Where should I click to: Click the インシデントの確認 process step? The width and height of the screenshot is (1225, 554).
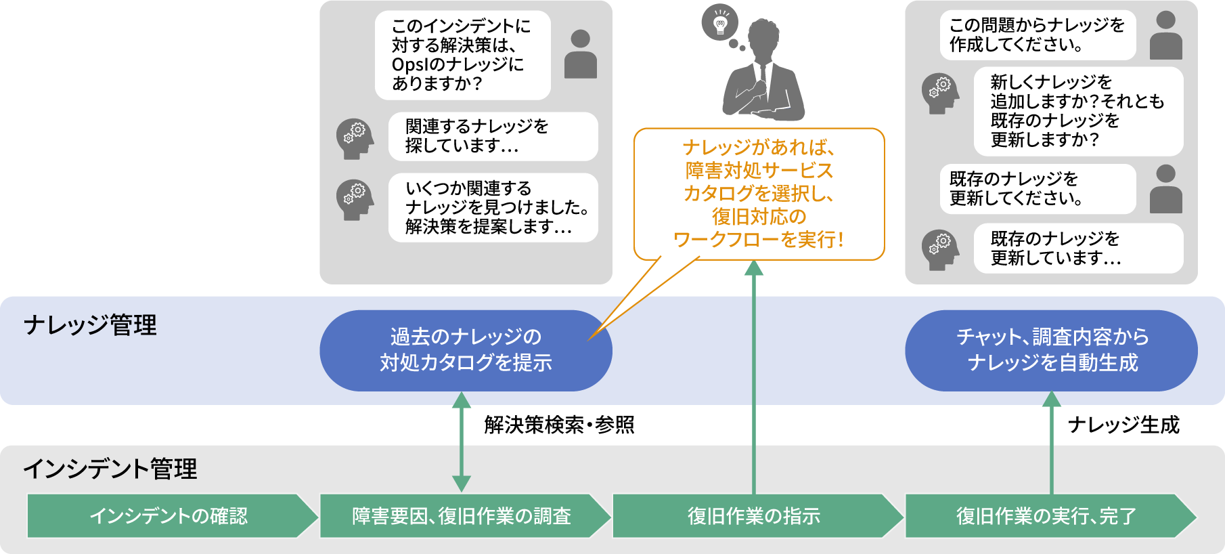pos(169,516)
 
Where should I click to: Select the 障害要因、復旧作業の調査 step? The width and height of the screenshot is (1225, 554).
pos(462,516)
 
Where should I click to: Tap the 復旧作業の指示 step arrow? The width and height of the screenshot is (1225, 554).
pos(755,516)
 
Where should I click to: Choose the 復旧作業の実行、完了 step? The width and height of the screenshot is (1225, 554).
pos(1047,516)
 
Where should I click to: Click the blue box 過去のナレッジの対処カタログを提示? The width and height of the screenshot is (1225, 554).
pos(466,350)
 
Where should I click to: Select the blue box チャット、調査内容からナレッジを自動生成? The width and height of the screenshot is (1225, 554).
pos(1051,350)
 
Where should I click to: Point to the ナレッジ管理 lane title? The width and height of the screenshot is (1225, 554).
pos(90,325)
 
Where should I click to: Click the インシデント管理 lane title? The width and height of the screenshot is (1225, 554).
pos(110,469)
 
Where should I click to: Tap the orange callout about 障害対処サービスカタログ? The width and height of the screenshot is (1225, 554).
pos(759,194)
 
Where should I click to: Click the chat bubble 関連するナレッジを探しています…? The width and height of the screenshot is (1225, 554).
pos(493,136)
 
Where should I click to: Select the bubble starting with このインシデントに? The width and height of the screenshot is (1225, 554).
pos(462,55)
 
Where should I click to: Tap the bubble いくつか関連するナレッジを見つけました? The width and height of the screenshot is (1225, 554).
pos(493,207)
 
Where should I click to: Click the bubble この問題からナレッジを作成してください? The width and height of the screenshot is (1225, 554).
pos(1037,35)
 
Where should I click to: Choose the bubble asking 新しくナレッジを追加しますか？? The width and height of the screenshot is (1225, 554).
pos(1078,111)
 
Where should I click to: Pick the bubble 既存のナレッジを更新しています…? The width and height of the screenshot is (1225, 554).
pos(1078,249)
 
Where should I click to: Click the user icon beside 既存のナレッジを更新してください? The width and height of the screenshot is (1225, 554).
pos(1165,189)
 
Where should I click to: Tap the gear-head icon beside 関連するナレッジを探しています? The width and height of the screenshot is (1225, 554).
pos(355,139)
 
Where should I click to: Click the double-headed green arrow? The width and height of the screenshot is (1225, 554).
pos(462,442)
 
